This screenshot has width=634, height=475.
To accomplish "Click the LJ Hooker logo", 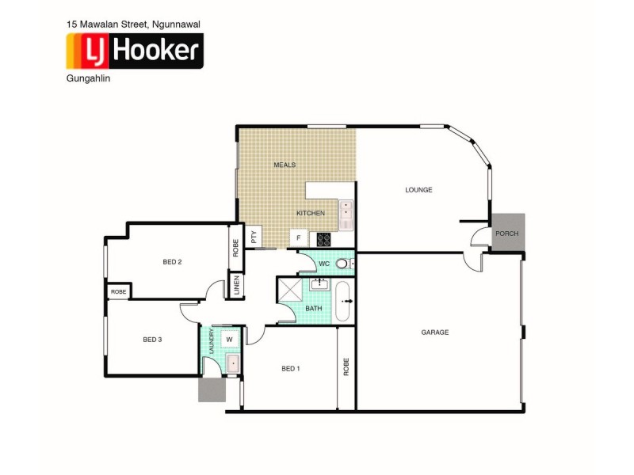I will tap(134, 52).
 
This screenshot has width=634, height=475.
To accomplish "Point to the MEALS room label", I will tap(285, 165).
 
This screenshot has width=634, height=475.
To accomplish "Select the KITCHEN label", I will tap(311, 214).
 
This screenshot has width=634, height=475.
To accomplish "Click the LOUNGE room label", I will tap(418, 189).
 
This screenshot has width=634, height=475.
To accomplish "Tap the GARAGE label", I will tap(435, 332).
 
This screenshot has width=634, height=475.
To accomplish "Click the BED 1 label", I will tap(291, 369).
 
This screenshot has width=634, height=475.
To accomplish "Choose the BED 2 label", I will tap(173, 262).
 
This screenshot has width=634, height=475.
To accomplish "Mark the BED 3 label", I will tap(152, 340).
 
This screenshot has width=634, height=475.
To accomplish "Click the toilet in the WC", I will tap(343, 264).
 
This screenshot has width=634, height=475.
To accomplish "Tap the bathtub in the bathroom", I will tap(343, 301).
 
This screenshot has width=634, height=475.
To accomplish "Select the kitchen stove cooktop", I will tap(323, 237).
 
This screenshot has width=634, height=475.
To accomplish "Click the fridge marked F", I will tap(299, 237).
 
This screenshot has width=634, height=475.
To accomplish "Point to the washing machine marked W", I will tap(230, 340).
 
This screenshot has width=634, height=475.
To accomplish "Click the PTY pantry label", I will tap(254, 237).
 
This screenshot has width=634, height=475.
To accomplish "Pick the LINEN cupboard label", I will tap(236, 285).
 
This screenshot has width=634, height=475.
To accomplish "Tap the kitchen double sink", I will tap(346, 214).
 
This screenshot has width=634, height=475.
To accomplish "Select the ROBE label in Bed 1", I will tap(346, 367).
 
